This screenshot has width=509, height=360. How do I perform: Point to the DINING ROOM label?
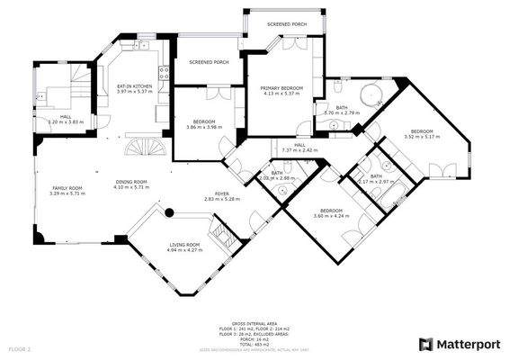coord(131,182)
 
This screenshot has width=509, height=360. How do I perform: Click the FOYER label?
coord(210,193)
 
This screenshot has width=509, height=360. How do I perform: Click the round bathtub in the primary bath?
coord(370,96)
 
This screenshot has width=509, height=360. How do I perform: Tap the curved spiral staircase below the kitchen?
coord(139,146)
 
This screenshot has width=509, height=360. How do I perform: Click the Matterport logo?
coord(459,343)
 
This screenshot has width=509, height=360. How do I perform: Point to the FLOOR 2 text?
coord(20,347)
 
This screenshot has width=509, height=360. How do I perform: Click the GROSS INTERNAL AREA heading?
coord(254,322)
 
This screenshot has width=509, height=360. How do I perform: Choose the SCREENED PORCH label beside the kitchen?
coord(208,62)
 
